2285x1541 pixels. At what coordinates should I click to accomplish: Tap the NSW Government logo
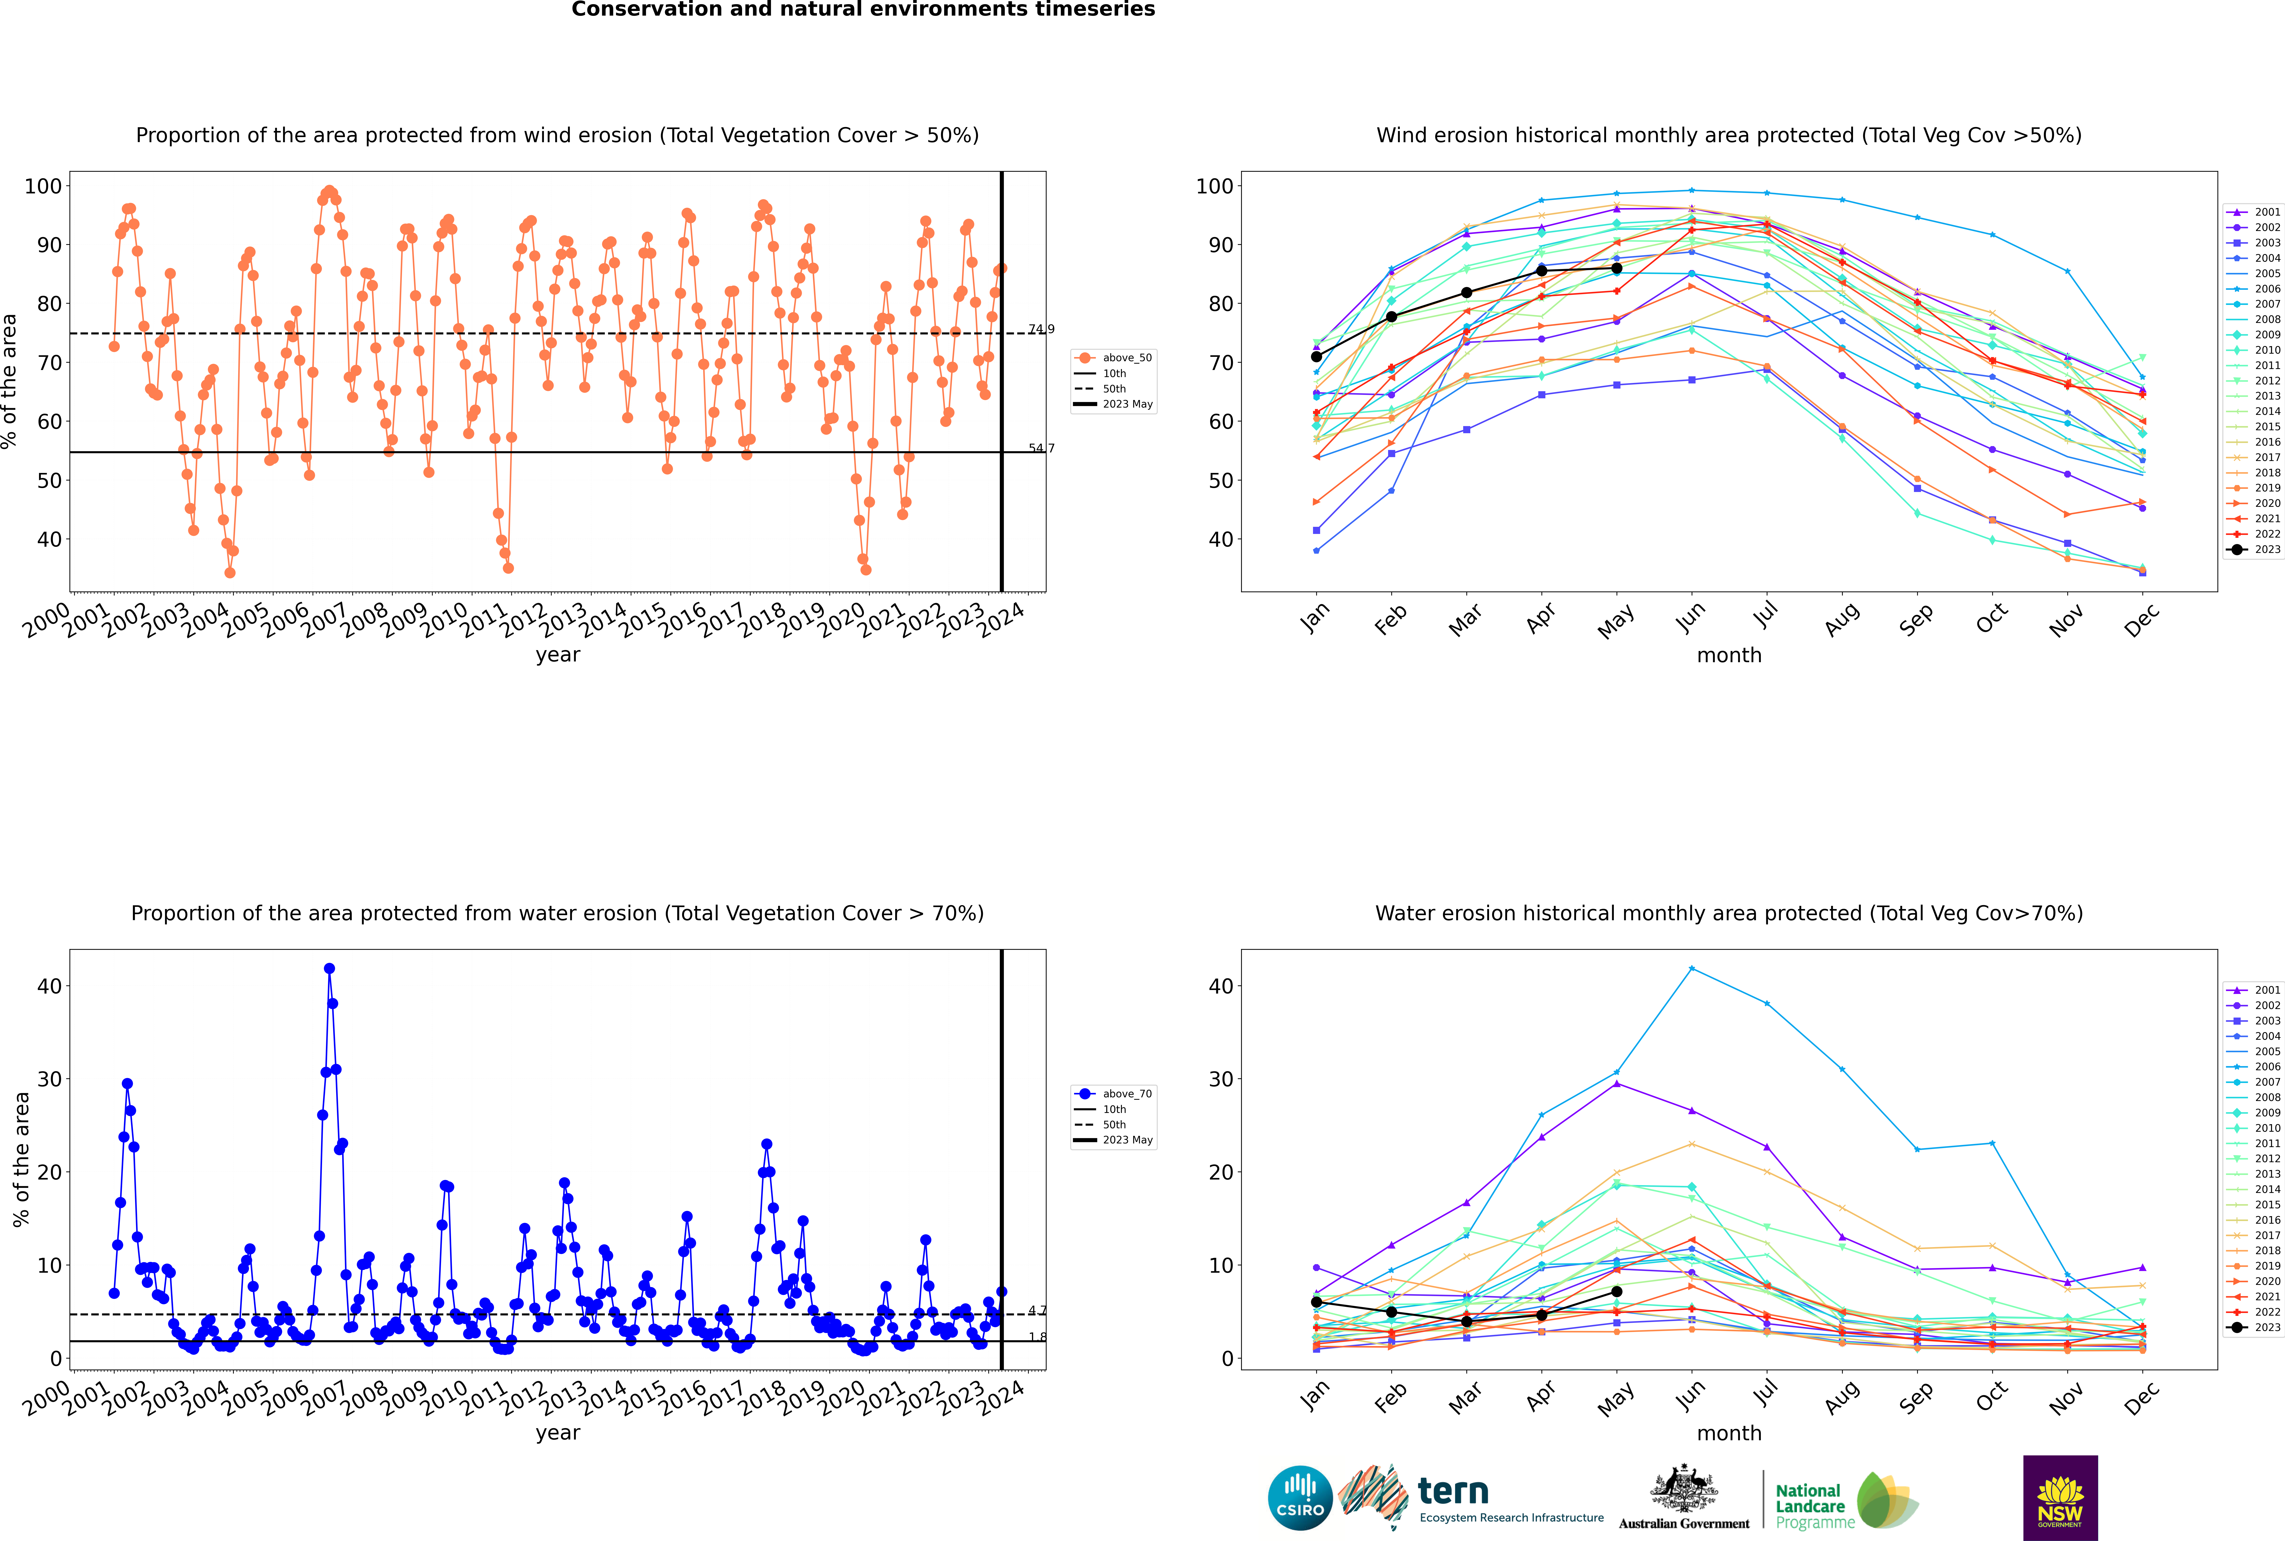[x=2060, y=1498]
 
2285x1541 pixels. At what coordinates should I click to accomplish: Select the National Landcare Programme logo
[x=1847, y=1501]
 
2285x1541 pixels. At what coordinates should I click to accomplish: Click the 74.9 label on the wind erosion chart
[x=1041, y=329]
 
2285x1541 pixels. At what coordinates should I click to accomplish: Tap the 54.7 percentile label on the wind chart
[x=1041, y=448]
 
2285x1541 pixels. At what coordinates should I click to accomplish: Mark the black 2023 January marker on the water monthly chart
[x=1316, y=1302]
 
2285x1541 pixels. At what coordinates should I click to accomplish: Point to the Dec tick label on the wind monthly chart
[x=2142, y=620]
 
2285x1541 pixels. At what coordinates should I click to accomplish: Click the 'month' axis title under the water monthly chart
[x=1729, y=1433]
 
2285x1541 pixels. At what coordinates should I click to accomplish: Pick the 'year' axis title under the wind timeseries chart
[x=558, y=656]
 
